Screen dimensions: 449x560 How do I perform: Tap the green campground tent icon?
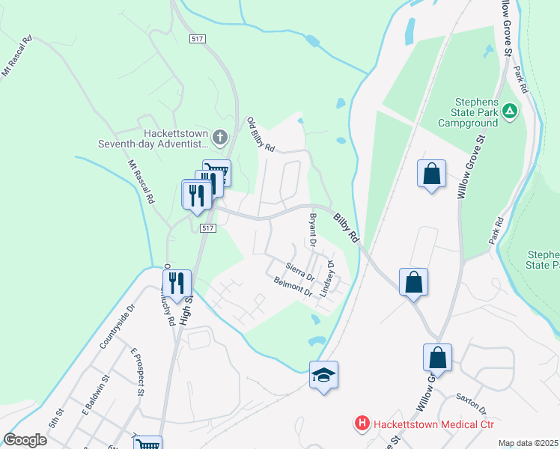pyautogui.click(x=510, y=112)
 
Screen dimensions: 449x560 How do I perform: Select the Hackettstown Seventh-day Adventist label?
pyautogui.click(x=155, y=138)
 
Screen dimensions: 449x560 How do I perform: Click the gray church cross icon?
pyautogui.click(x=219, y=137)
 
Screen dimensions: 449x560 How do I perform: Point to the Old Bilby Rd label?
pyautogui.click(x=261, y=135)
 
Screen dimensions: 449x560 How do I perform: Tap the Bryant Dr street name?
pyautogui.click(x=313, y=231)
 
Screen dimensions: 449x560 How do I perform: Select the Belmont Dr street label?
pyautogui.click(x=293, y=287)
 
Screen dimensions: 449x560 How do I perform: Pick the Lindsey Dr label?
pyautogui.click(x=326, y=278)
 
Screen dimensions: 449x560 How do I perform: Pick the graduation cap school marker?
pyautogui.click(x=323, y=375)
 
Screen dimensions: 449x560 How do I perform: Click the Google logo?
pyautogui.click(x=25, y=440)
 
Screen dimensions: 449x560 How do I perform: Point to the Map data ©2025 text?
pyautogui.click(x=528, y=443)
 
